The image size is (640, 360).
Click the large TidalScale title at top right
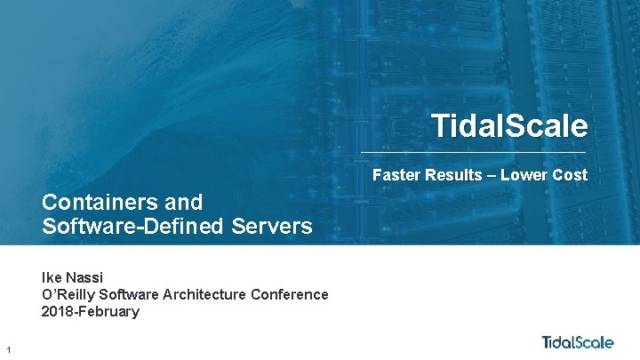[x=509, y=125]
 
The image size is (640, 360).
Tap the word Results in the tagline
[x=452, y=175]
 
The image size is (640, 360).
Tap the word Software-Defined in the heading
[x=133, y=226]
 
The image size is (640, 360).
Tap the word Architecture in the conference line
[x=202, y=294]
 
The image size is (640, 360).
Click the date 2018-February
[x=91, y=311]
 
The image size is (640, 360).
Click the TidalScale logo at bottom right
[x=578, y=342]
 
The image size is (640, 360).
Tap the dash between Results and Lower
[x=490, y=175]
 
